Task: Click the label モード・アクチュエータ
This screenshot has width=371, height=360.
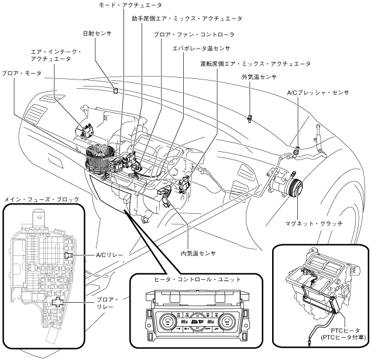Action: (123, 4)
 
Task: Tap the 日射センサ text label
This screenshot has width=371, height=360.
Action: (94, 34)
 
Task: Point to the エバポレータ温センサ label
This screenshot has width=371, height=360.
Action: (201, 49)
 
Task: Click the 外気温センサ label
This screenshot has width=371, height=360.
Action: (259, 77)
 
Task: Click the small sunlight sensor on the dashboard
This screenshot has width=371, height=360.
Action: (115, 91)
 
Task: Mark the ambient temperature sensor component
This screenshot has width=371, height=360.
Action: (250, 117)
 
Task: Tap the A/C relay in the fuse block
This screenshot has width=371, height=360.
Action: (69, 255)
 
